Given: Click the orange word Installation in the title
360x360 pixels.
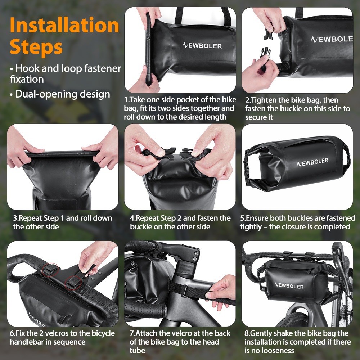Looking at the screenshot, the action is click(64, 26).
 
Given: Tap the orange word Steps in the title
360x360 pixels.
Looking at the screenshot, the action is click(36, 48).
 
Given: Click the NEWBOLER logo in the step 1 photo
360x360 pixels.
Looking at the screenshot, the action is click(202, 45).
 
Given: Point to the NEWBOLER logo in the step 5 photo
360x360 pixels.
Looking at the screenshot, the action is click(312, 162).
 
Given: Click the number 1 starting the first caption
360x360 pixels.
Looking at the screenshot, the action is click(126, 100).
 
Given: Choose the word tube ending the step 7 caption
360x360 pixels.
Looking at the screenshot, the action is click(137, 351).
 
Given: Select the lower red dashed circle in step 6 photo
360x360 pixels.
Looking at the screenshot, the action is click(73, 283).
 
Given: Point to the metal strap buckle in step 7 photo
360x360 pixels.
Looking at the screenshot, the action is click(184, 291).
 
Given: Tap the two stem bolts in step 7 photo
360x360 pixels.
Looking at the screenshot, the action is click(195, 256).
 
